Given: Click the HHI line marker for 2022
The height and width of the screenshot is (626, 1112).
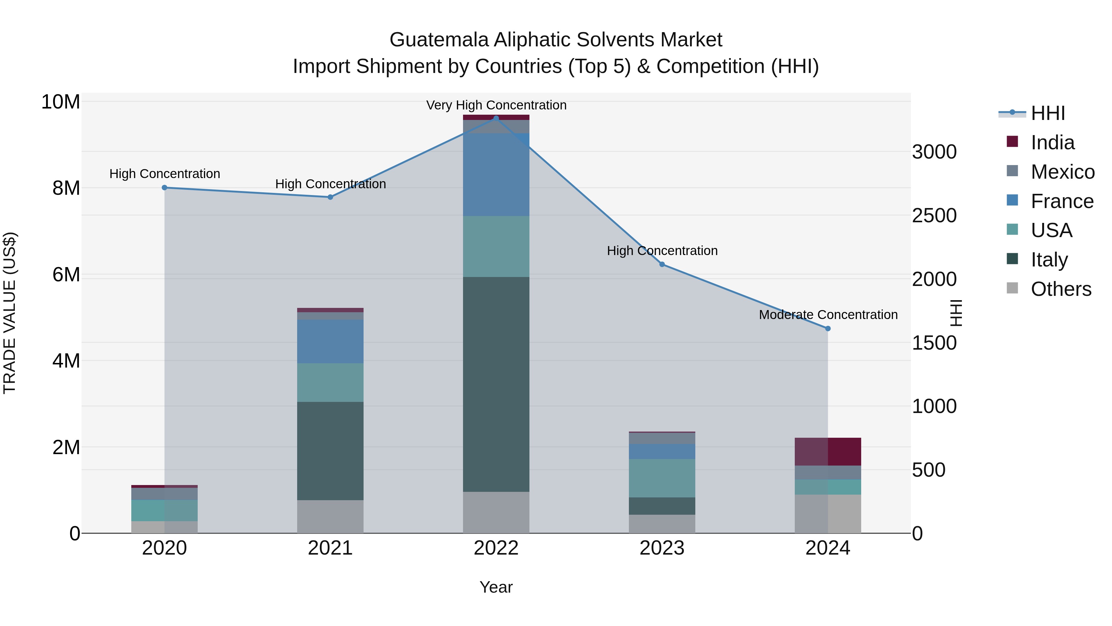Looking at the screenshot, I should [x=496, y=118].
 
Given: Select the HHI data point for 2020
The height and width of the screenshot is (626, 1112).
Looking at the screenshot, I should [x=164, y=188].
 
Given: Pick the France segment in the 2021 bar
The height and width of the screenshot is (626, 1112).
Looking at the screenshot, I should [x=330, y=341].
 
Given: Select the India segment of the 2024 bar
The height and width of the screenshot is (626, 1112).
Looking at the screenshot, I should [x=828, y=451].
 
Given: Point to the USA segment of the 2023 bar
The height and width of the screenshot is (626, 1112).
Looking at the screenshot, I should [x=662, y=478].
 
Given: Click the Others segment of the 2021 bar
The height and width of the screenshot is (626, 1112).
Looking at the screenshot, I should [x=330, y=516].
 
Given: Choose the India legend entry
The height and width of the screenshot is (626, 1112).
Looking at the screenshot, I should [x=1052, y=143].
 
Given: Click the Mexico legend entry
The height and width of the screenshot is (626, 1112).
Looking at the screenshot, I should [x=1062, y=172].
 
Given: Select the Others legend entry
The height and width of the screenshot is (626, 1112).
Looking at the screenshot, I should [x=1061, y=289].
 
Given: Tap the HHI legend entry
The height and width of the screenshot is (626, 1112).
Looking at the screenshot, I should [x=1048, y=113].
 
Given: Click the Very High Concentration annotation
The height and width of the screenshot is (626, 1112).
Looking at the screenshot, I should [x=496, y=105].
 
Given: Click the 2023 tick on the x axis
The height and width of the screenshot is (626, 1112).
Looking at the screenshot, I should [x=662, y=548].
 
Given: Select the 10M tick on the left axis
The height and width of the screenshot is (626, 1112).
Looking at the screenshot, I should [x=61, y=102].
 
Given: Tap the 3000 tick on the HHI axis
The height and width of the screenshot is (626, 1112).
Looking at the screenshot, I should [x=934, y=152].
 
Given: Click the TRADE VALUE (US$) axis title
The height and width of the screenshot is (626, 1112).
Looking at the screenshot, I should [x=10, y=313].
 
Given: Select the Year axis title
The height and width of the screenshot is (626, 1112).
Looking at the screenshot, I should [x=496, y=587].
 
